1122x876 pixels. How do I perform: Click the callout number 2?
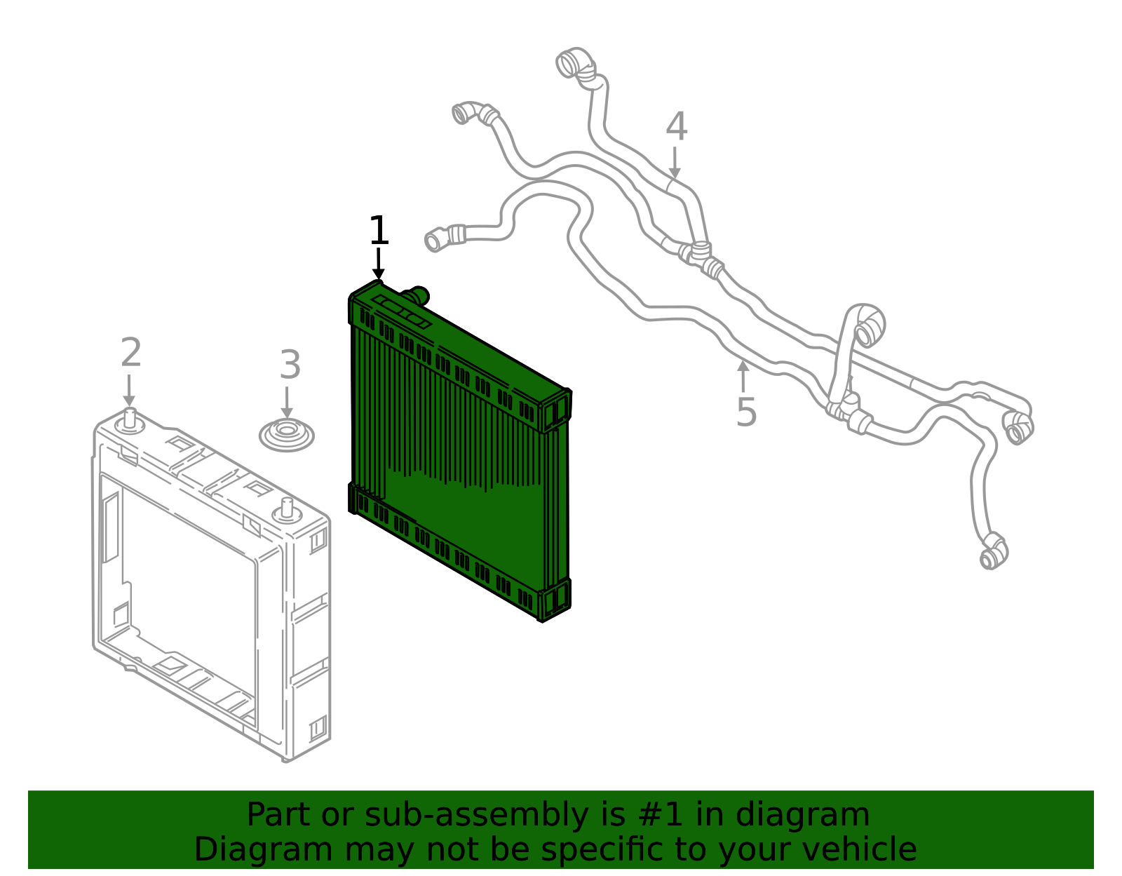coord(130,352)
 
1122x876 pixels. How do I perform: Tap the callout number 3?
coord(290,365)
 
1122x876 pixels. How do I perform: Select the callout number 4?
coord(676,126)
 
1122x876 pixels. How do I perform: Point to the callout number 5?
coord(746,412)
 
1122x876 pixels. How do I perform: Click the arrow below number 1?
coord(379,264)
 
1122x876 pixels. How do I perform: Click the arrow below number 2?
coord(129,390)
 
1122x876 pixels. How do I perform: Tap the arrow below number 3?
coord(287,403)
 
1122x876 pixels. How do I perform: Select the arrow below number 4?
coord(675,163)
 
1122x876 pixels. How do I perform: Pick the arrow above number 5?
coord(743,377)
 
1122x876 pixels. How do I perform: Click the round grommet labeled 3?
coord(287,435)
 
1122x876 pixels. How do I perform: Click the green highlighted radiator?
coord(459,454)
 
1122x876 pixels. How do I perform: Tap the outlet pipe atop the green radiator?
coord(417,296)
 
